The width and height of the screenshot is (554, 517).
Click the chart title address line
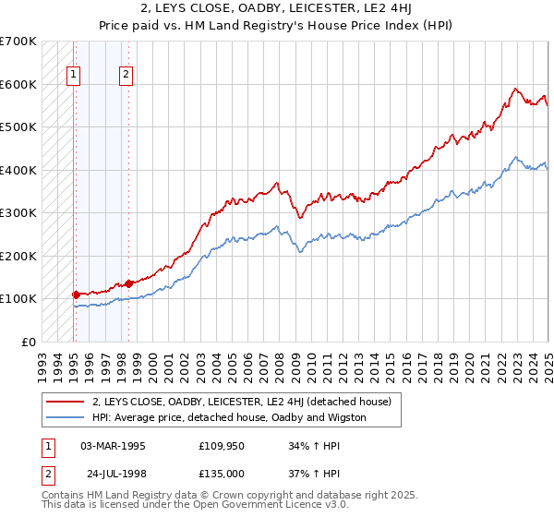pyautogui.click(x=277, y=10)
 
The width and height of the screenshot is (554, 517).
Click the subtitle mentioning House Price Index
pyautogui.click(x=277, y=26)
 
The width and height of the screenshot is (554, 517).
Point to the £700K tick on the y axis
pyautogui.click(x=18, y=42)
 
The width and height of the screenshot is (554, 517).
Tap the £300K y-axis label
pyautogui.click(x=18, y=212)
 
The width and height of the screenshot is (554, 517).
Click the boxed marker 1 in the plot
pyautogui.click(x=73, y=76)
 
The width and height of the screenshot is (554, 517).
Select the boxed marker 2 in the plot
pyautogui.click(x=126, y=76)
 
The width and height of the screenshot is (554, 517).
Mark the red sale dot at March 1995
pyautogui.click(x=76, y=295)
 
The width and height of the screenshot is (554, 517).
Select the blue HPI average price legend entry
pyautogui.click(x=229, y=417)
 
